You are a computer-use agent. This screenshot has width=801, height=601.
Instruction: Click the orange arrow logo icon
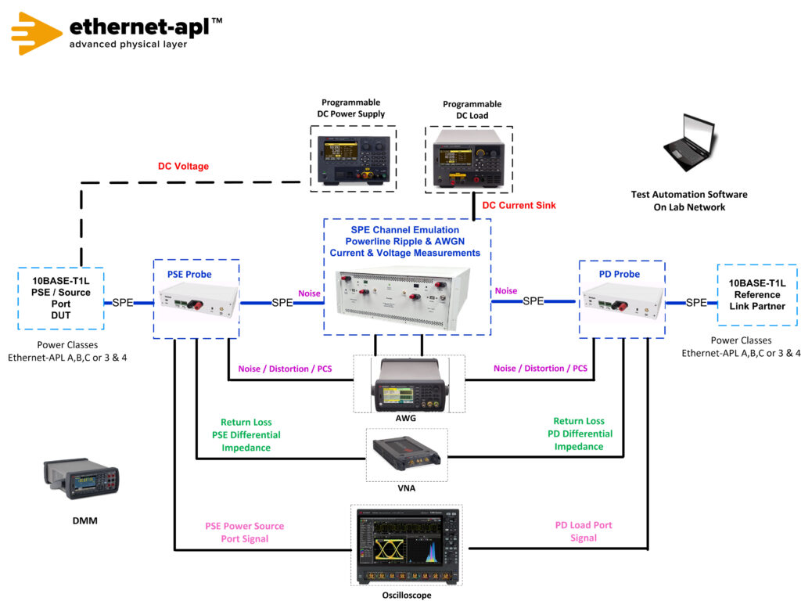point(36,32)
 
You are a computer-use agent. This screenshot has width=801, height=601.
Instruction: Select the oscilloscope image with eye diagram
point(407,545)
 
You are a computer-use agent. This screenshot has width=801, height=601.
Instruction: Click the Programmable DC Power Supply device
point(353,157)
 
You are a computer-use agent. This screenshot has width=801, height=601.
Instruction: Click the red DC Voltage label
point(183,166)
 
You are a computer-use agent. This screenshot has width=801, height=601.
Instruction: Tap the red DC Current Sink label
point(519,206)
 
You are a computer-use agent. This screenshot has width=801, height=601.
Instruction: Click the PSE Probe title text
point(189,274)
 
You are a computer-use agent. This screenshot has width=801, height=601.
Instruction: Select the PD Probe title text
point(619,274)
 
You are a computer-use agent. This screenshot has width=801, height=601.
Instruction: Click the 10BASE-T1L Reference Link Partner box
point(756,294)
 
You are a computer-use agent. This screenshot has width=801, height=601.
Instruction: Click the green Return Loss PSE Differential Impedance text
point(246,434)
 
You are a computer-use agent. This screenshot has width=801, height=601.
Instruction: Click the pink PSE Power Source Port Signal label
point(244,532)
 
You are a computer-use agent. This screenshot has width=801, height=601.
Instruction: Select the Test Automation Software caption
point(689,200)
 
